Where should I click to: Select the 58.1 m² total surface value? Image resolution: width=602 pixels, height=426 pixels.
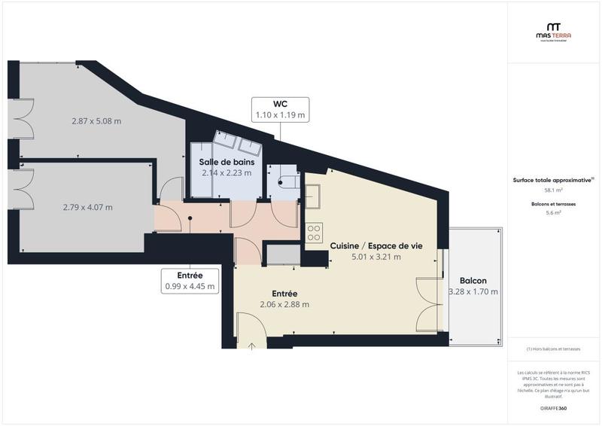coord(553,190)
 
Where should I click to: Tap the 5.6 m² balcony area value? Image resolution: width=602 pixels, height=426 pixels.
coord(553,214)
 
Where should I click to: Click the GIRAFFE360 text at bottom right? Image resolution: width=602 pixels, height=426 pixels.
coord(553,408)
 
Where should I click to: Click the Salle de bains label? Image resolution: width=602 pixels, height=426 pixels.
coord(227,162)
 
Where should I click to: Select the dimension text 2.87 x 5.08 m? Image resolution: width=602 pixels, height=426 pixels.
coord(96,120)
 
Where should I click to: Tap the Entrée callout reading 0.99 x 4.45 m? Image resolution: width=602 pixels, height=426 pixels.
coord(190,281)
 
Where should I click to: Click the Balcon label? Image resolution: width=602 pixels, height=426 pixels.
coord(474,278)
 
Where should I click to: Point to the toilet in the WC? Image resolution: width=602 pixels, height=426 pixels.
coord(284,181)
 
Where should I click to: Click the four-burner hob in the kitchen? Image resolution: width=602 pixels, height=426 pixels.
coord(314,232)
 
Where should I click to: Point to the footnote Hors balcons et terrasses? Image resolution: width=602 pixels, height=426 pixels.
coord(553,348)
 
